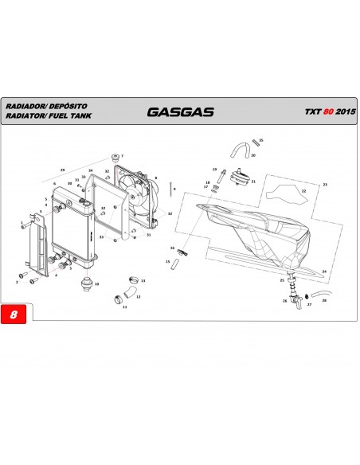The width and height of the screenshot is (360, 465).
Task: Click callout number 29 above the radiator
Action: pyautogui.click(x=62, y=170)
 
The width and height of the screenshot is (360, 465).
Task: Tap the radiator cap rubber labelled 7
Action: pyautogui.click(x=116, y=154)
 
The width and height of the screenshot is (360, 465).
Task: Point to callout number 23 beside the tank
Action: pyautogui.click(x=324, y=184)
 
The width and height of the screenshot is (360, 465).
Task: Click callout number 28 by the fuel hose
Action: pyautogui.click(x=324, y=300)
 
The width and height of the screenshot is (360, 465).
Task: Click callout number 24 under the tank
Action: pyautogui.click(x=324, y=272)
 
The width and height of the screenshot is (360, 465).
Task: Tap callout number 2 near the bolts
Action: pyautogui.click(x=17, y=282)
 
